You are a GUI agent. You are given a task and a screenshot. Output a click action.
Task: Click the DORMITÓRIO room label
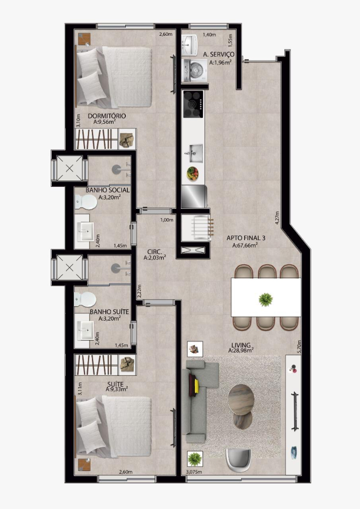[107, 116]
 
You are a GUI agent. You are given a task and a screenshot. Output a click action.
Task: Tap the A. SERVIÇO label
[218, 55]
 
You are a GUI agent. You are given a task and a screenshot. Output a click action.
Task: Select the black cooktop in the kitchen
[193, 104]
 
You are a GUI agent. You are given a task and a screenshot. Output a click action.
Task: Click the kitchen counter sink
[194, 153]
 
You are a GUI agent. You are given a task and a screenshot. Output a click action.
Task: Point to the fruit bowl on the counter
[192, 173]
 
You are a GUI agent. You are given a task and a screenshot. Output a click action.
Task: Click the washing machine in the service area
[195, 70]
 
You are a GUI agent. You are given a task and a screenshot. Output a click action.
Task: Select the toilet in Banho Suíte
[85, 299]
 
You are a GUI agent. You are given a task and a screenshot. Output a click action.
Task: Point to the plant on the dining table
[266, 299]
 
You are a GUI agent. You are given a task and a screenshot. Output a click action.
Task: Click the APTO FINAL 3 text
[246, 238]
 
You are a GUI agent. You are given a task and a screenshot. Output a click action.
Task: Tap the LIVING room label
[241, 345]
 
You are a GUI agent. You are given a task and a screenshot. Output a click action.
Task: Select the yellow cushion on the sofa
[196, 385]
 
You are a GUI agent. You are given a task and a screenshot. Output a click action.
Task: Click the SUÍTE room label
[115, 384]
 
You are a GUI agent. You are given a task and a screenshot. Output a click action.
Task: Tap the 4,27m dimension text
[277, 218]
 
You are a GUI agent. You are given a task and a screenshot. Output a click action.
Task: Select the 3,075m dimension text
[194, 472]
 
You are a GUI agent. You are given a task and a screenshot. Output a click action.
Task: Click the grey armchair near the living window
[238, 460]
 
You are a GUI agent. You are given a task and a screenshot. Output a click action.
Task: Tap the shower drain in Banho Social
[116, 169]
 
